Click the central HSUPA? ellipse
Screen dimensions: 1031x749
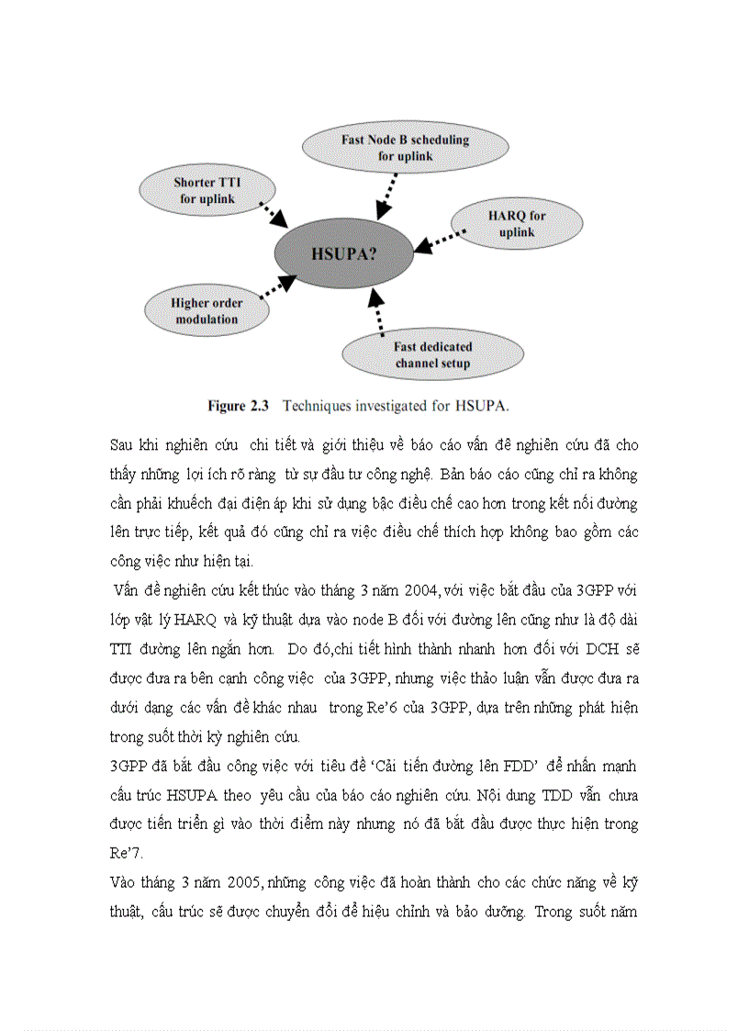coord(345,253)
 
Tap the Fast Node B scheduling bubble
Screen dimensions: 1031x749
coord(405,148)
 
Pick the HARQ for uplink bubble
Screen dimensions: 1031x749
coord(517,223)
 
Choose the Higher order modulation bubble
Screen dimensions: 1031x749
coord(207,311)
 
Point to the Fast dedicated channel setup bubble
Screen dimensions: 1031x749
coord(432,354)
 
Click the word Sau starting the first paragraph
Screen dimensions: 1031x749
coord(122,444)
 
